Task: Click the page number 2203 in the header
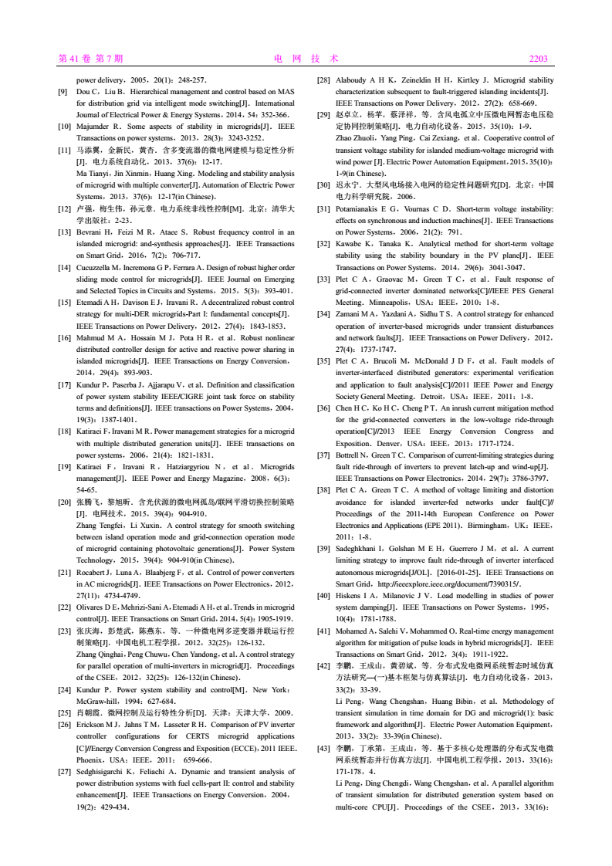[x=538, y=59]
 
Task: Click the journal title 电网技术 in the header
[x=306, y=59]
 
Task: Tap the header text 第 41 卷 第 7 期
[x=91, y=59]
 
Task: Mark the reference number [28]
[x=323, y=80]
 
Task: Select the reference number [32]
[x=323, y=242]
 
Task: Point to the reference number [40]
[x=323, y=596]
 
